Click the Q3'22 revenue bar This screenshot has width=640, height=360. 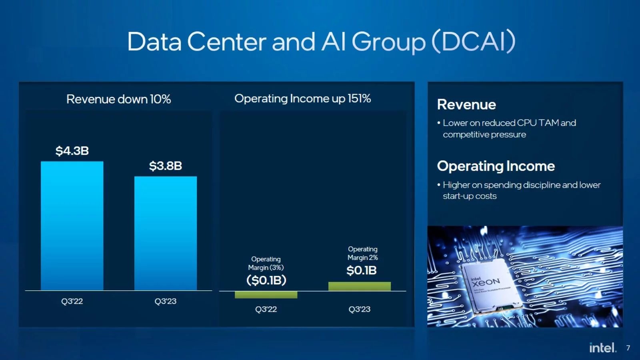point(72,226)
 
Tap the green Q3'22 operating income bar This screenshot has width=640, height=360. point(266,295)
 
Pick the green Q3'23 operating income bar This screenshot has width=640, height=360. point(360,286)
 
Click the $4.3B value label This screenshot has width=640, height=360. point(72,151)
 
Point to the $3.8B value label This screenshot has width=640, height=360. point(166,166)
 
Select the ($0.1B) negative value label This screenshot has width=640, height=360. point(266,280)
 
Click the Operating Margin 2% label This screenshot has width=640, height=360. point(362,253)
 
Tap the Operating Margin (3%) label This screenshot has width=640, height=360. point(266,263)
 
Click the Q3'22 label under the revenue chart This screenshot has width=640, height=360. point(72,301)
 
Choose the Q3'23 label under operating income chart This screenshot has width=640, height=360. point(359,309)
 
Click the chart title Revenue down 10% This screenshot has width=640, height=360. point(119,99)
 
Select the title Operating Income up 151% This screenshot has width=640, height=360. point(303,98)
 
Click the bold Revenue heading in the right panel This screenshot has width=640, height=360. point(466,104)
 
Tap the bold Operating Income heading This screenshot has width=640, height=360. point(496,166)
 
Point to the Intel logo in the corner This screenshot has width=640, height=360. point(603,348)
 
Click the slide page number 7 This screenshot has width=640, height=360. point(628,348)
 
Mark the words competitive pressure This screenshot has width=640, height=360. point(484,135)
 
